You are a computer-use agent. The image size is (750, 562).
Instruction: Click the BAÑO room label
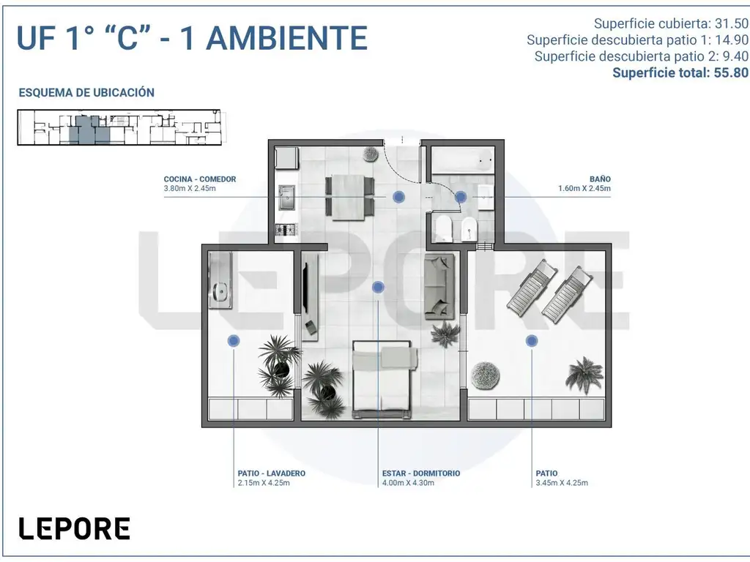(x=600, y=179)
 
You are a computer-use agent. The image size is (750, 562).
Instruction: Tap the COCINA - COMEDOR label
(x=200, y=179)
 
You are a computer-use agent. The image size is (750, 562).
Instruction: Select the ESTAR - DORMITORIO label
(x=421, y=473)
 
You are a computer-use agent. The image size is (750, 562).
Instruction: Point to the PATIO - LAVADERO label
(x=271, y=473)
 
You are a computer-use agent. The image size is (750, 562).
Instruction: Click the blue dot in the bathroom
(x=461, y=197)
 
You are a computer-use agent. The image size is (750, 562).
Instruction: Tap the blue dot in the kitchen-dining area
(x=398, y=197)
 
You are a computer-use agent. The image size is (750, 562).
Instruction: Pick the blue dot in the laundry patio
(x=234, y=341)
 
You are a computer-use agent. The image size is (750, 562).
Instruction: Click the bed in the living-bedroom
(x=382, y=380)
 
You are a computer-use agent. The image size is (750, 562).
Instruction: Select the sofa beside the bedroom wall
(x=439, y=286)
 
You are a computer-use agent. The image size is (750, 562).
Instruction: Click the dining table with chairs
(x=349, y=197)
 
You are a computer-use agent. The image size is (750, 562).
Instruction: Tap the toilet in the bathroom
(x=443, y=228)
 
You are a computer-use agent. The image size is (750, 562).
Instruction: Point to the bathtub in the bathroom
(x=463, y=160)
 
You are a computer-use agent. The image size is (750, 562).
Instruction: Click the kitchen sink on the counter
(x=287, y=198)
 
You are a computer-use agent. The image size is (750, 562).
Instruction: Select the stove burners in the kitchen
(x=286, y=230)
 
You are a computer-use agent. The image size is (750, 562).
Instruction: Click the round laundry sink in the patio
(x=220, y=290)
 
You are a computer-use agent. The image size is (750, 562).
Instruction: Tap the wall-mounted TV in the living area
(x=305, y=284)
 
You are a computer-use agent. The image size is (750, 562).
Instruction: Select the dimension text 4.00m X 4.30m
(x=408, y=483)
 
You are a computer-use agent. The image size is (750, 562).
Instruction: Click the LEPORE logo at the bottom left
(x=74, y=528)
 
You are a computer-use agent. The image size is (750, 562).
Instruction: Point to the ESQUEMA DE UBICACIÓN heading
(x=86, y=93)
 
